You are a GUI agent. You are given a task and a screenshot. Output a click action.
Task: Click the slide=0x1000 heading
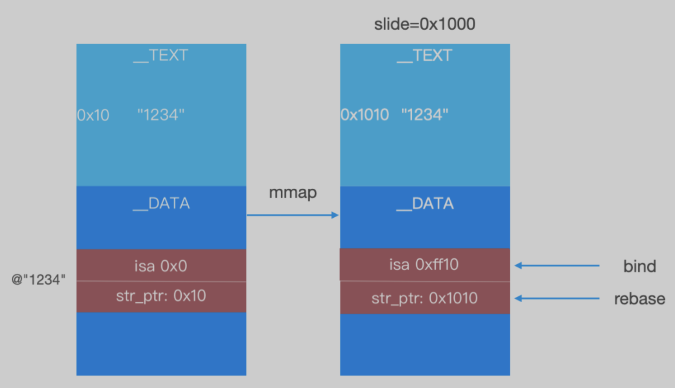coord(425,24)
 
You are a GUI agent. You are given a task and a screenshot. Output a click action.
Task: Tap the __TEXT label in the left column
coord(161,55)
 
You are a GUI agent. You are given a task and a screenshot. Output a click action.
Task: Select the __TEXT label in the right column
coord(425,55)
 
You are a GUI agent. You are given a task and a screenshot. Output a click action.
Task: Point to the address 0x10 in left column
coord(93,115)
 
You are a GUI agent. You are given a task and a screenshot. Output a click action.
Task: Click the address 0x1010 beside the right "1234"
coord(365,115)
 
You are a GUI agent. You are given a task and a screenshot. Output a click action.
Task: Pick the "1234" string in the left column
coord(161,115)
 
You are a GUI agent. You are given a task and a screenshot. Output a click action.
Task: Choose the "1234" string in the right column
coord(425,115)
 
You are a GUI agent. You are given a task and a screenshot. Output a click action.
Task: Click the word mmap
coord(293,193)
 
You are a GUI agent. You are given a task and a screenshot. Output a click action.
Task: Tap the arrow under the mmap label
coord(293,215)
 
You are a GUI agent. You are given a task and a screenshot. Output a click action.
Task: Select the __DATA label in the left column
coord(161,204)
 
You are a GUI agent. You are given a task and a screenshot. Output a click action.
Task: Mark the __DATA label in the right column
coord(425,204)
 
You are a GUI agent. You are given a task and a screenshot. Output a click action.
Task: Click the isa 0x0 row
coord(161,265)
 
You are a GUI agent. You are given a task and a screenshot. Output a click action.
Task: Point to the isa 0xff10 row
coord(425,265)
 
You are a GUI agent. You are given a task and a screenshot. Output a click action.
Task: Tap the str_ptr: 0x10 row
coord(161,297)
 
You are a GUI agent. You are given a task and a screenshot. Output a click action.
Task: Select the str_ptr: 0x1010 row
coord(425,298)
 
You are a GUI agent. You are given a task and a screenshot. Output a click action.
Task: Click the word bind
coord(640,266)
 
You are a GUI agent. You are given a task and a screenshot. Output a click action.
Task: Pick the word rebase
coord(640,299)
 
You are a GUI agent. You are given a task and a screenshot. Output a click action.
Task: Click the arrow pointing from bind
coord(557,265)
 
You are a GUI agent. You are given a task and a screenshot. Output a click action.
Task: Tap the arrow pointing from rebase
coord(557,298)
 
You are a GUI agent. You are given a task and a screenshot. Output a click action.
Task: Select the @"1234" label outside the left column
coord(38,279)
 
